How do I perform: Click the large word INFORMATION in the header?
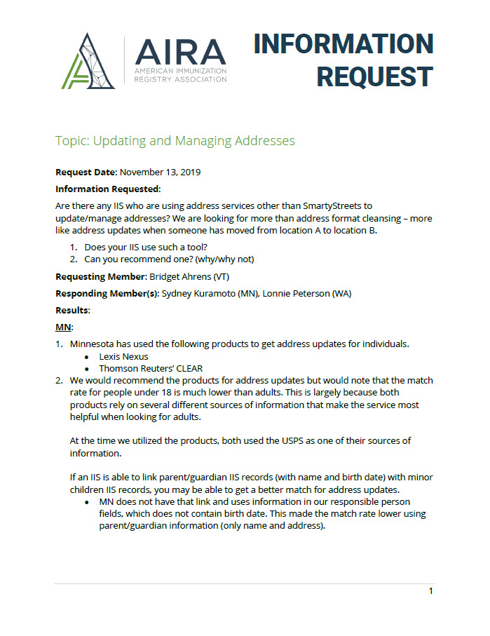tap(343, 43)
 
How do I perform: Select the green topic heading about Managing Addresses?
tap(175, 141)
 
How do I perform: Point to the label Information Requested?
tap(108, 189)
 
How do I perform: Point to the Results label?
tap(72, 310)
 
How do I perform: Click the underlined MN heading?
tap(64, 327)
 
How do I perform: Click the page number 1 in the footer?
tap(430, 591)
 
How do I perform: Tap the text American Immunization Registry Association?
tap(180, 76)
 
